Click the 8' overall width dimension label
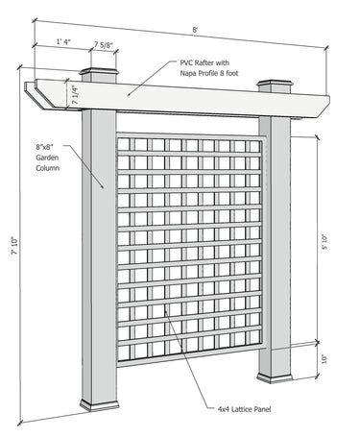point(195,30)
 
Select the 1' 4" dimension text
point(63,41)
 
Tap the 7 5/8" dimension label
point(104,45)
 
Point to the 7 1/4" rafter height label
point(74,95)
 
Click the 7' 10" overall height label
point(14,246)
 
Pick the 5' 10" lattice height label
point(324,242)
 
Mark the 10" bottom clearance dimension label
point(324,358)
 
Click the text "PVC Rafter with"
point(204,62)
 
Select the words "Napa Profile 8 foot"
point(209,73)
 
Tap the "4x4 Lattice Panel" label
point(244,409)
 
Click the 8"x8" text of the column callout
point(44,147)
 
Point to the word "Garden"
point(47,158)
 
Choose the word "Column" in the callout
point(47,168)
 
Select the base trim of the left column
point(100,405)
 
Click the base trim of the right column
point(275,378)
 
